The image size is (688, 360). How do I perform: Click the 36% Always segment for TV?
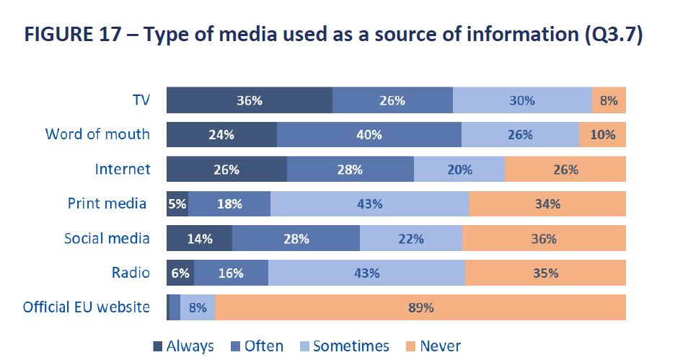point(249,100)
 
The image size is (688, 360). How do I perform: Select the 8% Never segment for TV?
point(609,100)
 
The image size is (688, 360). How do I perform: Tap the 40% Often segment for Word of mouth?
point(369,135)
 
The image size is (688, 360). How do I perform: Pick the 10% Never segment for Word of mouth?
point(602,135)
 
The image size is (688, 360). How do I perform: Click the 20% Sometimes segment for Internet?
point(459,170)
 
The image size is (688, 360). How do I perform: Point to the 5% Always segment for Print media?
point(177,204)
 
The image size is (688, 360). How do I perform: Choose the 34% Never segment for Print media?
point(547,204)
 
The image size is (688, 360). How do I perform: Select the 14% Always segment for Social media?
point(200,239)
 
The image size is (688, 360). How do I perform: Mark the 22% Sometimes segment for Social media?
point(410,239)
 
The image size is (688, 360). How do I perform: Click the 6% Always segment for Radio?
point(180,273)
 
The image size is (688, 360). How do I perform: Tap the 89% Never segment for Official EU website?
point(420,307)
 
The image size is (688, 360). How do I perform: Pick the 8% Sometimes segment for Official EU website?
point(197,307)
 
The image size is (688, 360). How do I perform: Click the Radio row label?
point(131,273)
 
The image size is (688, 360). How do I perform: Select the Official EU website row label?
point(87,307)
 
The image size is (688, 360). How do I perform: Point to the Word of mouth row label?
point(97,134)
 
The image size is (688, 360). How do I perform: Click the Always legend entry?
point(184,346)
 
